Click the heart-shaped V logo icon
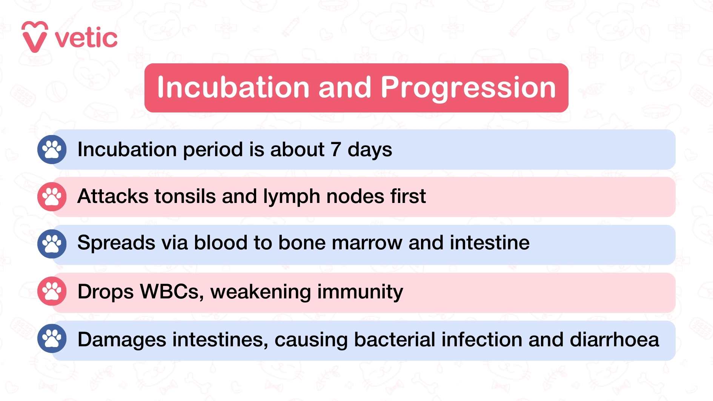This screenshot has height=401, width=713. click(x=35, y=37)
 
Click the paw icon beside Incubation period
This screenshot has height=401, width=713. click(x=52, y=149)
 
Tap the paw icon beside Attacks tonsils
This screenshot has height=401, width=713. click(x=52, y=197)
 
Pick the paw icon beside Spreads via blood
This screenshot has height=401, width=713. click(x=52, y=244)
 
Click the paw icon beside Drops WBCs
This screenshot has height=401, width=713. click(x=52, y=291)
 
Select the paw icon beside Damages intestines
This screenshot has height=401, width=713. click(x=52, y=338)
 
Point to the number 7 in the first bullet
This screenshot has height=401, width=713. click(x=336, y=149)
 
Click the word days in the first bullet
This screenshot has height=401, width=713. click(x=370, y=150)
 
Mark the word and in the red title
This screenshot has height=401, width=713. click(x=345, y=88)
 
